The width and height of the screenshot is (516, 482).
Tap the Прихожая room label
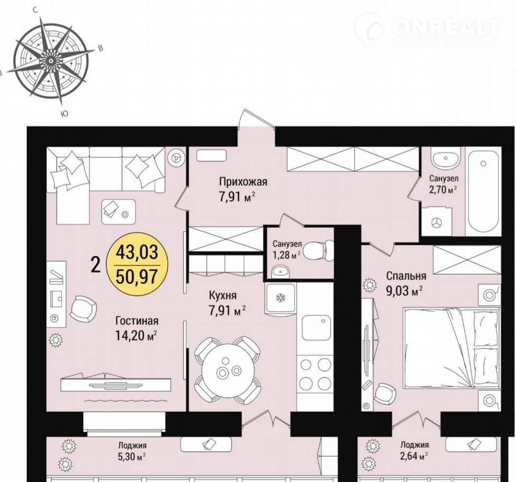point(243,182)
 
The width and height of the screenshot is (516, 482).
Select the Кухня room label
point(223,295)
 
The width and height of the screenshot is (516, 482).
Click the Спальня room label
point(406,276)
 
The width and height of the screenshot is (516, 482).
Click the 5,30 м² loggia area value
point(132,457)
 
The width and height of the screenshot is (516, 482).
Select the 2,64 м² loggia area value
point(414,456)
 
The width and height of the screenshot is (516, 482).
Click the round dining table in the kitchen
point(228,371)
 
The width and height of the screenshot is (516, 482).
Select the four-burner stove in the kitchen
point(315,373)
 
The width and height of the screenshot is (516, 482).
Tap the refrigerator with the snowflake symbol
point(280,298)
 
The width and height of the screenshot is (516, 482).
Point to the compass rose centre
point(51,61)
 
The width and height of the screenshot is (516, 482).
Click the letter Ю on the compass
point(65,114)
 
